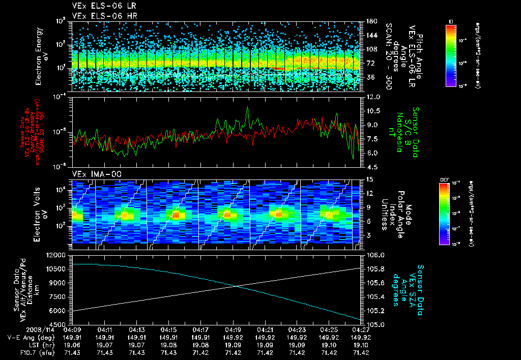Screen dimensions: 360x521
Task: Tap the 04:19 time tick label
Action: pyautogui.click(x=233, y=329)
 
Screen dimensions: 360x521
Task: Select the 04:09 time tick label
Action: pyautogui.click(x=73, y=329)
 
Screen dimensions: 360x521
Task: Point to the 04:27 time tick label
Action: pyautogui.click(x=361, y=329)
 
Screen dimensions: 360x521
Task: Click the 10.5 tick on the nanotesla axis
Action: pyautogui.click(x=372, y=110)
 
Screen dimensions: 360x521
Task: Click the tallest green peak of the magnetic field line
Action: pyautogui.click(x=248, y=107)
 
